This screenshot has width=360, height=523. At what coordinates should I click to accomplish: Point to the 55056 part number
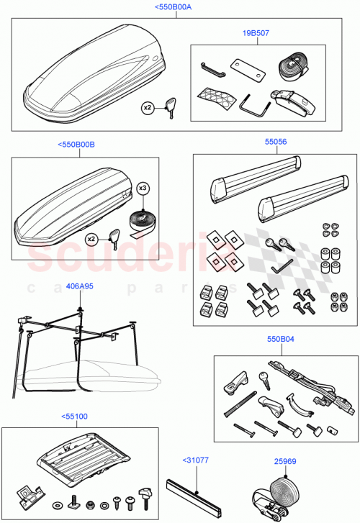tap(275, 142)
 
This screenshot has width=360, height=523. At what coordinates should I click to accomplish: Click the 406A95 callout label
tap(79, 286)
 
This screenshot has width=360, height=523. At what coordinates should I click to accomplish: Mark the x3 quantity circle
tap(143, 188)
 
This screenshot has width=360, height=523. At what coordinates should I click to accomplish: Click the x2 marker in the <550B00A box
tap(147, 107)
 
